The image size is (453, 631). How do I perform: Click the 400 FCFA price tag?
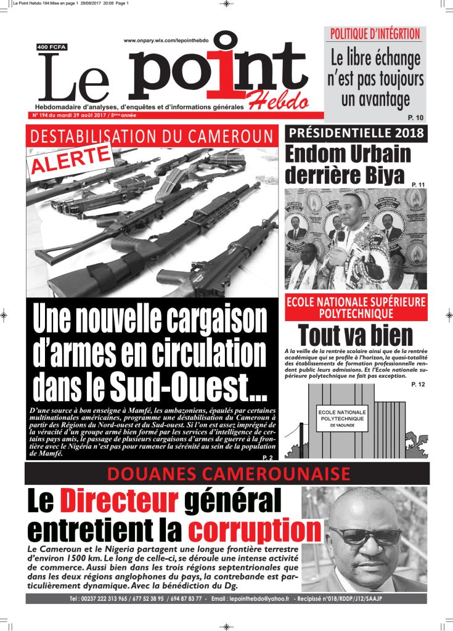52,47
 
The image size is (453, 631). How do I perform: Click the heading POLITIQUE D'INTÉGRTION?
375,34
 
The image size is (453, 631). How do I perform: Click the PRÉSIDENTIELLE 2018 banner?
356,133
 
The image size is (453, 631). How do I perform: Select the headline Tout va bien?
356,335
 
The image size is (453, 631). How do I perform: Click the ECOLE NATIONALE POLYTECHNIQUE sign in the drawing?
341,417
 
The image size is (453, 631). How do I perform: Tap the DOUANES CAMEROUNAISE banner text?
228,473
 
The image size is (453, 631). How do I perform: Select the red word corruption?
255,529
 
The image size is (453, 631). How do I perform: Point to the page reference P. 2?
267,457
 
